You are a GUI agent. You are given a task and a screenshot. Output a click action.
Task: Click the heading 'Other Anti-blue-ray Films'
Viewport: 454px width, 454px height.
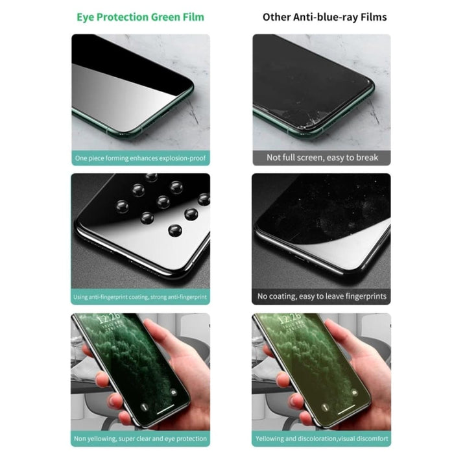pyautogui.click(x=324, y=16)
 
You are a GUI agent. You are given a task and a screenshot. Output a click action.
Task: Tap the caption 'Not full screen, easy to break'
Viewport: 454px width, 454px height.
pyautogui.click(x=322, y=157)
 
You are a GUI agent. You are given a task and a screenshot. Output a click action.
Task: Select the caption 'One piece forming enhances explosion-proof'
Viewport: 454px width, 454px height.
pyautogui.click(x=139, y=158)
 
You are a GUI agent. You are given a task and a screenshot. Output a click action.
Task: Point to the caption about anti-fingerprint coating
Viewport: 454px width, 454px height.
pyautogui.click(x=139, y=297)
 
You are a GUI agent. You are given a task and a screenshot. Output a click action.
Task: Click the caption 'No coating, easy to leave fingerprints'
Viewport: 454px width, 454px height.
pyautogui.click(x=322, y=296)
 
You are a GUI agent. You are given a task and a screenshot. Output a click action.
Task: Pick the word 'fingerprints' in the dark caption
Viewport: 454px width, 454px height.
pyautogui.click(x=362, y=296)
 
